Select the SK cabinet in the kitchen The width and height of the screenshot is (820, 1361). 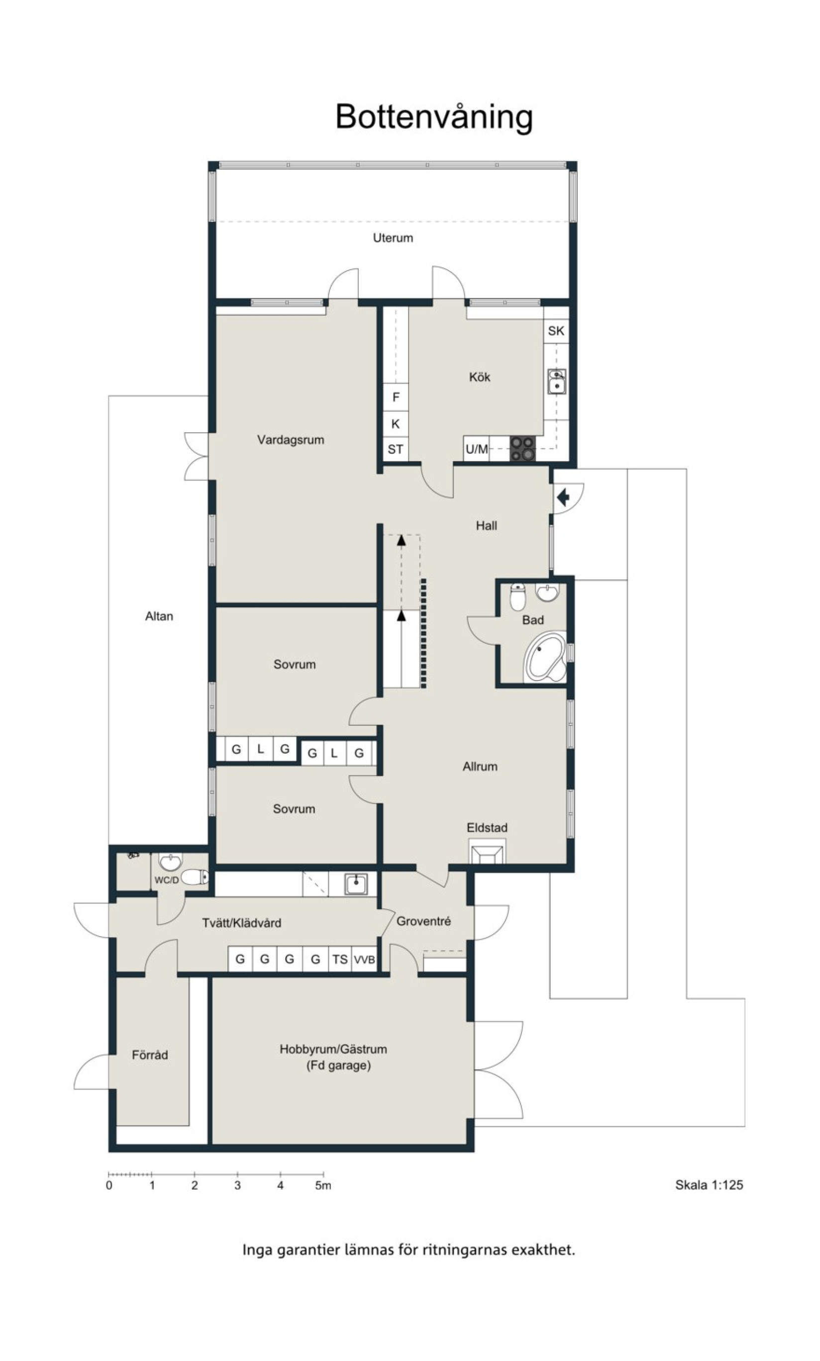click(x=556, y=331)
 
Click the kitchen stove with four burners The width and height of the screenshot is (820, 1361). click(x=522, y=449)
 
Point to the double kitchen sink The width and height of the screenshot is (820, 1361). click(x=556, y=381)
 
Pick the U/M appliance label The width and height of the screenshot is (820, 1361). click(x=476, y=449)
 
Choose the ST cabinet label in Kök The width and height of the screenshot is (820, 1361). click(x=395, y=449)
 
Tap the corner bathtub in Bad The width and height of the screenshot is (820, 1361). click(x=545, y=657)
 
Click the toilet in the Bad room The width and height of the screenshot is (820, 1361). click(x=517, y=596)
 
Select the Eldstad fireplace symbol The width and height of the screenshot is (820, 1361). click(x=487, y=851)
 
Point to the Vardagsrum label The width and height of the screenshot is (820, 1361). click(x=291, y=440)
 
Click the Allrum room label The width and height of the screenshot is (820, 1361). click(x=480, y=766)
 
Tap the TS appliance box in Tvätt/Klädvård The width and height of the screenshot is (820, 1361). click(x=340, y=959)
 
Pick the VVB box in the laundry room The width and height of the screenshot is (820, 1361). click(x=364, y=959)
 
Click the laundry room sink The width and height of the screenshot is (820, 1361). click(x=356, y=884)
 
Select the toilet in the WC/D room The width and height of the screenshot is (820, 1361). click(x=194, y=877)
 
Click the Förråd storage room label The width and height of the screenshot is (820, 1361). click(x=150, y=1055)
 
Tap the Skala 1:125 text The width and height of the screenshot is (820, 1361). click(x=709, y=1185)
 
